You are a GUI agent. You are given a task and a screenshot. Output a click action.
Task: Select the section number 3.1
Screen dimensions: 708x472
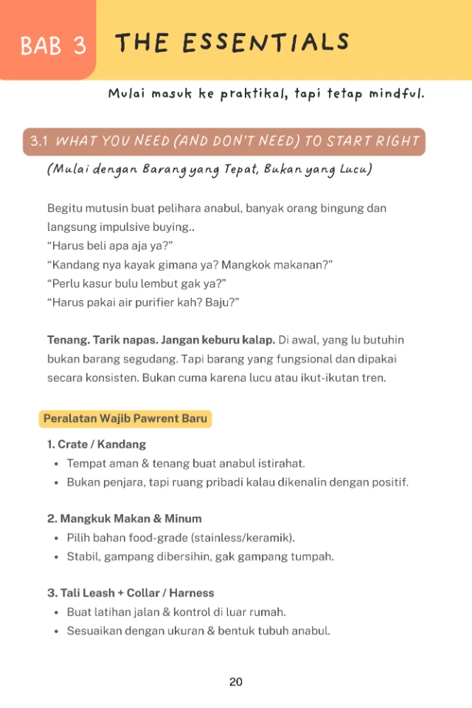tap(39, 141)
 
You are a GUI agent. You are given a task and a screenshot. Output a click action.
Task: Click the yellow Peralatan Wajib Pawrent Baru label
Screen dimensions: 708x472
tap(125, 419)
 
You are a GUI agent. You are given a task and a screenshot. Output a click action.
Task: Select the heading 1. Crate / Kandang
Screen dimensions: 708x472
tap(97, 444)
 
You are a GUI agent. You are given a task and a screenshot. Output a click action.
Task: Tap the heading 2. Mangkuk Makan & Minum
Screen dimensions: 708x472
tap(125, 518)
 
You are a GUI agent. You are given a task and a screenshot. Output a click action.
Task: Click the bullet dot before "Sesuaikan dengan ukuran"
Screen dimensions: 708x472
tap(57, 631)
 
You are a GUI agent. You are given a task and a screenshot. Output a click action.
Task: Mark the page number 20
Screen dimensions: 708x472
tap(236, 681)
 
